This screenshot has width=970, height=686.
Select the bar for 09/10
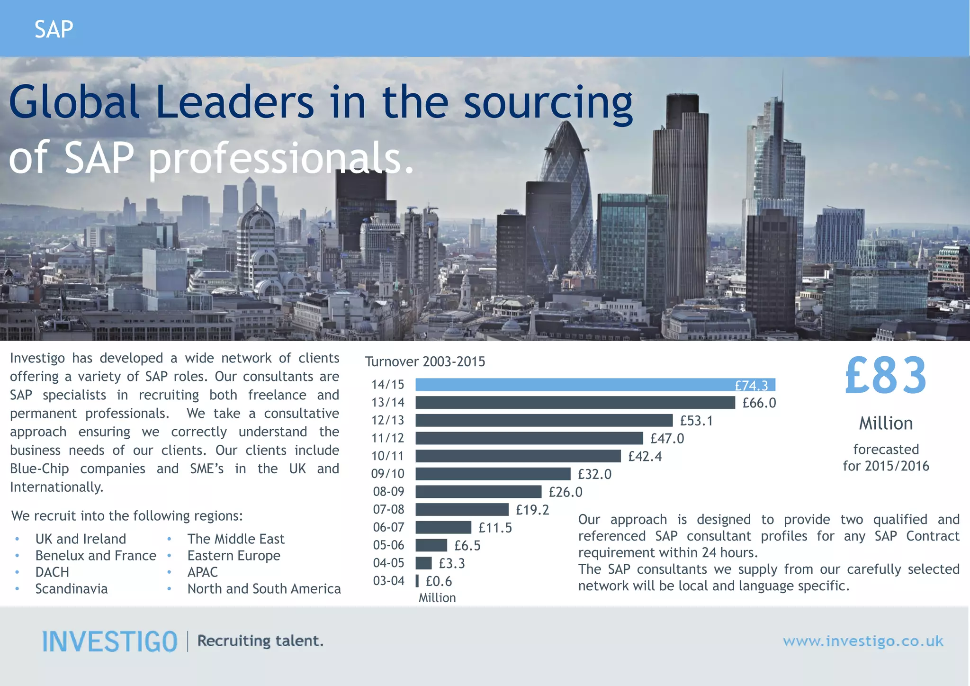tap(493, 474)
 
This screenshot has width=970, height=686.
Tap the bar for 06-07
tap(443, 527)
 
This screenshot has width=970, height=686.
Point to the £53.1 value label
tap(696, 421)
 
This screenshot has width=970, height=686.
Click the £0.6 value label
tap(439, 581)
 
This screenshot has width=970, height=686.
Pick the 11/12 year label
tap(388, 438)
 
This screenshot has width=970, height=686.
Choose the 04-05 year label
tap(389, 563)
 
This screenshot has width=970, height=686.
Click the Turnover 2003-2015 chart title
tap(425, 362)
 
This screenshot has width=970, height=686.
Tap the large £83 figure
tap(886, 376)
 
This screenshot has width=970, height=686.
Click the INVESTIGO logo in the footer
tap(110, 641)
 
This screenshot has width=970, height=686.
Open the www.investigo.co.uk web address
tap(863, 641)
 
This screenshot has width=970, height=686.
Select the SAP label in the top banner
tap(54, 29)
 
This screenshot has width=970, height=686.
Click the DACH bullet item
tap(52, 572)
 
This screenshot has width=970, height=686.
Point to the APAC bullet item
tap(202, 572)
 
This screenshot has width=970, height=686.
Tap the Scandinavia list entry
tap(72, 589)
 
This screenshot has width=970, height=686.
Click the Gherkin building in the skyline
tap(567, 190)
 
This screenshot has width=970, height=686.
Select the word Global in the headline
tap(74, 102)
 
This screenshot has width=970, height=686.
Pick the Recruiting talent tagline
tap(260, 641)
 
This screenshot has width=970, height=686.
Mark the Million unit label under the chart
tap(437, 598)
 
